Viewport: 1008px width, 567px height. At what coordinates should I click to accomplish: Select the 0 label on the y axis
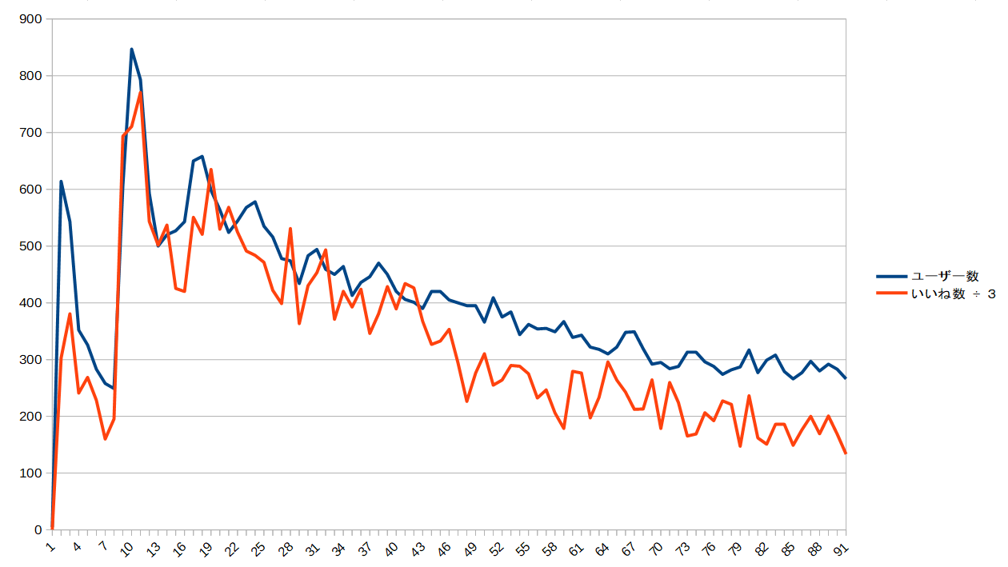(38, 530)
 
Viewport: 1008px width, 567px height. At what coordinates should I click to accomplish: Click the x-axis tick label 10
(128, 549)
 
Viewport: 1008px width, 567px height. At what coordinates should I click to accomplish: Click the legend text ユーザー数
(944, 277)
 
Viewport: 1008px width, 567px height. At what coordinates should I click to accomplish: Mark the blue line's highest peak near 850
(131, 50)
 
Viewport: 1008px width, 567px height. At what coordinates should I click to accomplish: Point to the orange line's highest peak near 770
(140, 92)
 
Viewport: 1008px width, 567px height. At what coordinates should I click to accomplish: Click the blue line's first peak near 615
(61, 182)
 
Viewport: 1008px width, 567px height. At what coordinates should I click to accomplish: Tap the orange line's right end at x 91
(845, 453)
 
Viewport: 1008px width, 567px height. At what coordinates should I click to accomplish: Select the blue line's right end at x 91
(845, 377)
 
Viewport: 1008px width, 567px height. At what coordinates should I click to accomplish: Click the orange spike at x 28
(290, 229)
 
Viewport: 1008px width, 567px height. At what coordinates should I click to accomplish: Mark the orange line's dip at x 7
(105, 439)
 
